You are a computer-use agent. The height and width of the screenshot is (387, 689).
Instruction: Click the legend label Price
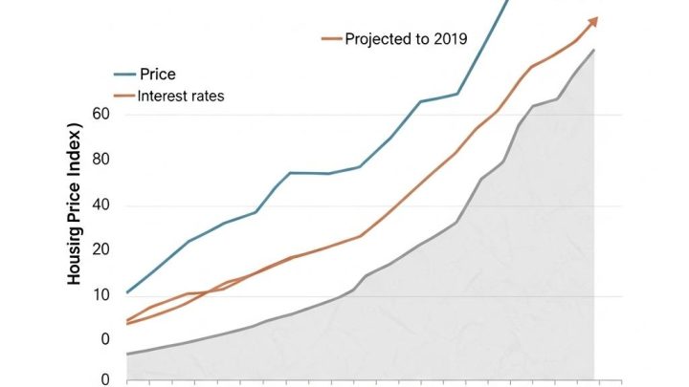158,75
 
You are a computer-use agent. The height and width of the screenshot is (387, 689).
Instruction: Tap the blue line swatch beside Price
124,75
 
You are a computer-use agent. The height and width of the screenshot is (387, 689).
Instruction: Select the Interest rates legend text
181,97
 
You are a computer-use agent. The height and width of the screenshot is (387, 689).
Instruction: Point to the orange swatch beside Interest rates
124,97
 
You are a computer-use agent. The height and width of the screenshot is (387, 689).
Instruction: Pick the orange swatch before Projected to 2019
331,39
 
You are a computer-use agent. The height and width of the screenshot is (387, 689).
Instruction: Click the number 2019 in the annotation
450,39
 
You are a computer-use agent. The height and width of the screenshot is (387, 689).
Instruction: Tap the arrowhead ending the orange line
593,21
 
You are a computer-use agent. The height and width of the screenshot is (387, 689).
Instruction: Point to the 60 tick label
101,115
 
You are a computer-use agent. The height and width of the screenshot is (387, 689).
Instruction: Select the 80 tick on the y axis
101,160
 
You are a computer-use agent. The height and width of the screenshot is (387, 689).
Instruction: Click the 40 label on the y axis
101,205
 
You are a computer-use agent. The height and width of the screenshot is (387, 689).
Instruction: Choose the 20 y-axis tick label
101,249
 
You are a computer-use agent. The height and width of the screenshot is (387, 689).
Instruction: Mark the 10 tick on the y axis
101,294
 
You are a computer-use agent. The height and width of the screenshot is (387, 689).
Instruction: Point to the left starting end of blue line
127,292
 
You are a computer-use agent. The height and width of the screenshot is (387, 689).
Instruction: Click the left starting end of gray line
127,355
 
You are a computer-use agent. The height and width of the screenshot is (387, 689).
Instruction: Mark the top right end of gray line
594,50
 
